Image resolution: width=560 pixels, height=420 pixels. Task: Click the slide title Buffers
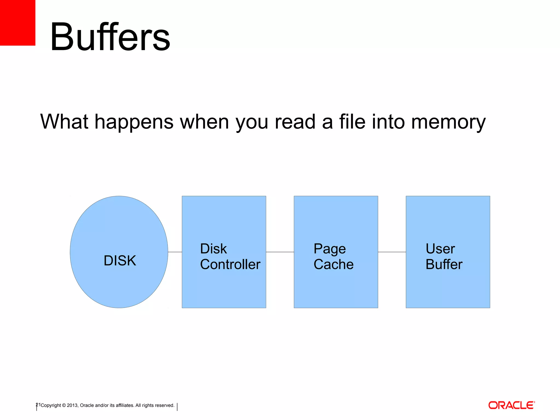(110, 37)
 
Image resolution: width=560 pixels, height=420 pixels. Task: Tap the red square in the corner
(17, 22)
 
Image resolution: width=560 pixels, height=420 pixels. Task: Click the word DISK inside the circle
(120, 261)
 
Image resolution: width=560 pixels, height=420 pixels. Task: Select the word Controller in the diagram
(230, 264)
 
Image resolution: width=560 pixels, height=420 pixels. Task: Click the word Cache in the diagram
(334, 264)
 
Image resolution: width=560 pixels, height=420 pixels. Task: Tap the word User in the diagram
(440, 249)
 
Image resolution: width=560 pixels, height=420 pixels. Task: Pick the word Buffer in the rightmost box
(444, 264)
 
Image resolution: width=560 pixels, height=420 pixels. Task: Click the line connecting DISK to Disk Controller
(175, 252)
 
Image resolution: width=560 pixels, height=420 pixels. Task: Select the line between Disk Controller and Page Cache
(280, 252)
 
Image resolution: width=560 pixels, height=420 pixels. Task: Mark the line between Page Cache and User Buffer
(392, 252)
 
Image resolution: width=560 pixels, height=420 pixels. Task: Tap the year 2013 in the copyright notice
(72, 405)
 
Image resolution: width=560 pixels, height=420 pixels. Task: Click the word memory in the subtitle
(448, 122)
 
